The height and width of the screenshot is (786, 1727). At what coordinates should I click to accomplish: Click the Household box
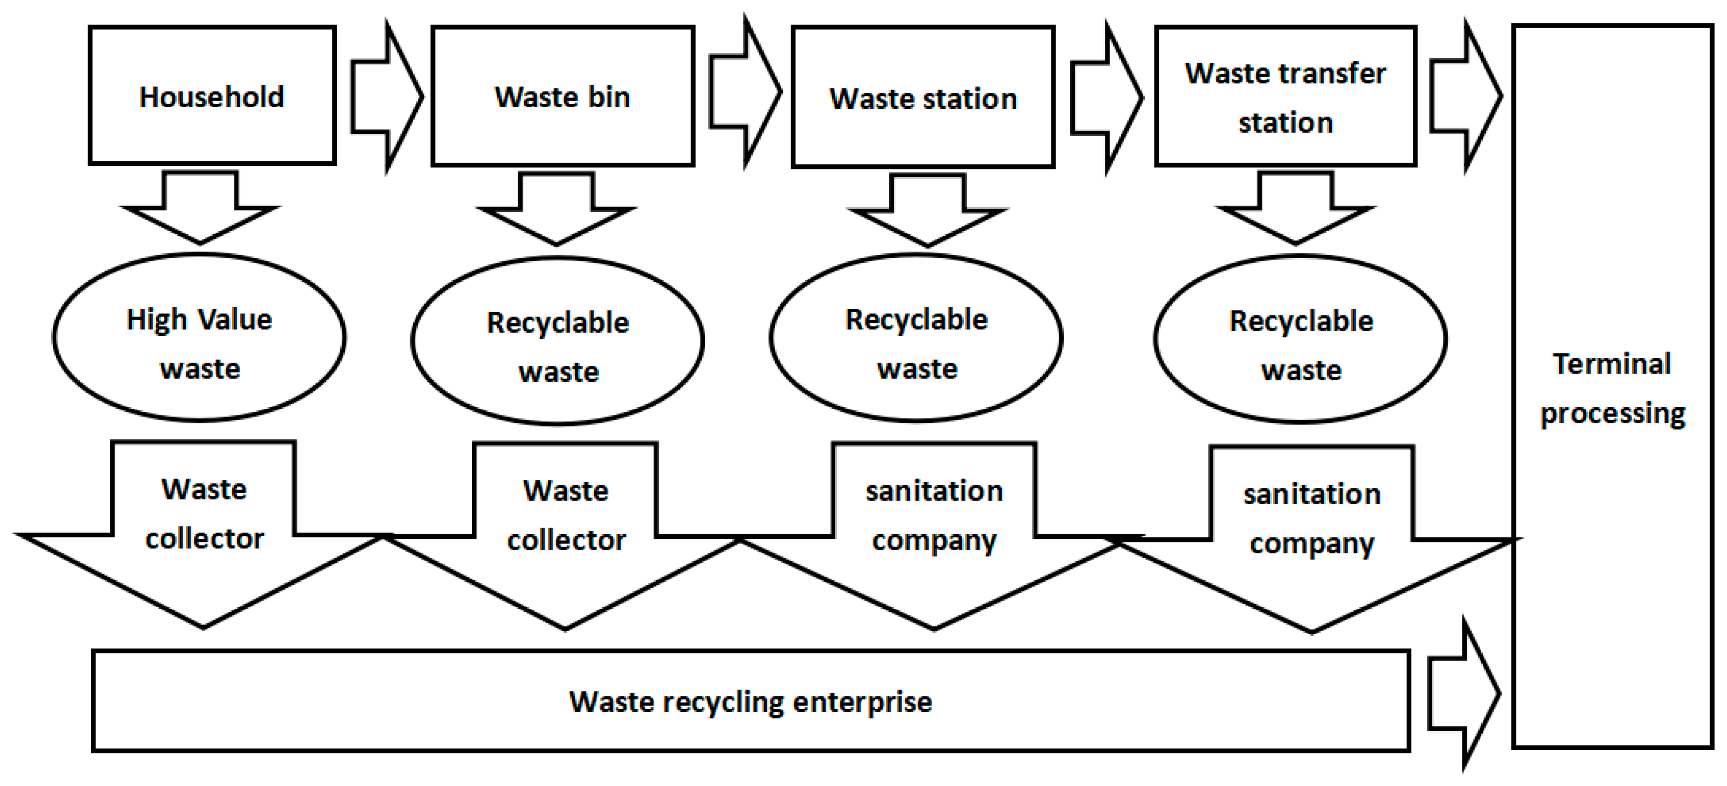click(212, 95)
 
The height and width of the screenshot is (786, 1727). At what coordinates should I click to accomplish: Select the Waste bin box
click(563, 96)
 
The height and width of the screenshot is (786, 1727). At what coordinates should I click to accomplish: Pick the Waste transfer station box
click(1285, 96)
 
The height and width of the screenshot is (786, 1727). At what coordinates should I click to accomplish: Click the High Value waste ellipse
click(199, 337)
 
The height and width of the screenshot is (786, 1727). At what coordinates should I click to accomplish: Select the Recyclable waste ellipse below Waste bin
click(557, 340)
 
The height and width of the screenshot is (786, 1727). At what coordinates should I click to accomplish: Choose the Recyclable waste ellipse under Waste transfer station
click(1301, 339)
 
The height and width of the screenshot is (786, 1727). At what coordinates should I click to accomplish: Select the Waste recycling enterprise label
click(750, 702)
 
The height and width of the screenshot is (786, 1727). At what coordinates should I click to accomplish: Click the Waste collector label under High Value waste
click(204, 514)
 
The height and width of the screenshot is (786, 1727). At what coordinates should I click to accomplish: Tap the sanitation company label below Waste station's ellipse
click(933, 516)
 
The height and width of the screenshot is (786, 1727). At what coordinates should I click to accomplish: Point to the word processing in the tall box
click(1612, 413)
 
